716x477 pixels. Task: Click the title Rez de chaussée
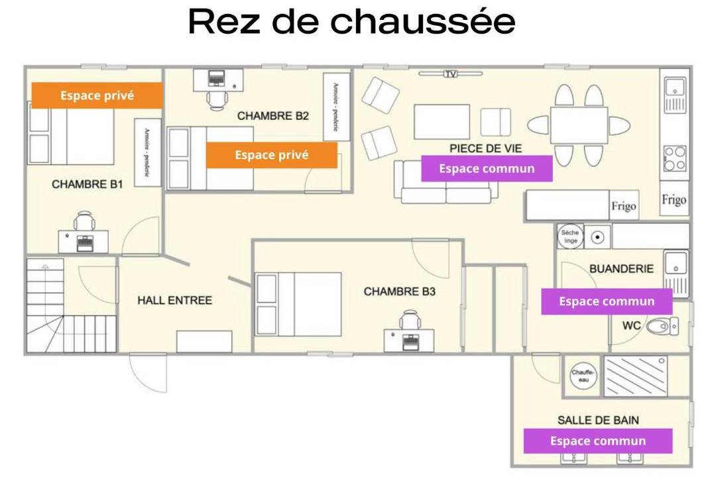(x=352, y=23)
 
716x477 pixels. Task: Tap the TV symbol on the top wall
(x=451, y=74)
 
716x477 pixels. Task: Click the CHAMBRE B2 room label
(x=273, y=116)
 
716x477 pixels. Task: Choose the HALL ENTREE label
(x=174, y=300)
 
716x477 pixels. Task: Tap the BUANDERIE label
(x=621, y=269)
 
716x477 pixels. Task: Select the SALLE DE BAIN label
(x=598, y=420)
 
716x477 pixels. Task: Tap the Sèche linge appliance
(x=570, y=237)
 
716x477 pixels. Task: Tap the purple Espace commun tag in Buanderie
(x=607, y=301)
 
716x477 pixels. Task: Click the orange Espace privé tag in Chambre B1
(x=97, y=95)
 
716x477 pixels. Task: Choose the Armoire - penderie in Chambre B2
(x=336, y=107)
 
